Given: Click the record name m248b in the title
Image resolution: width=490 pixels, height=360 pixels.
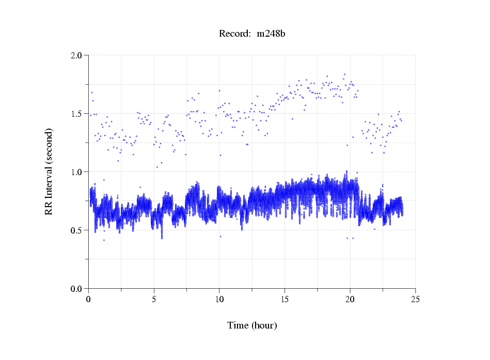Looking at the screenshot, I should point(272,34).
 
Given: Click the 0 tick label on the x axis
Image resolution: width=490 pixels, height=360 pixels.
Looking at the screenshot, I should point(89,299).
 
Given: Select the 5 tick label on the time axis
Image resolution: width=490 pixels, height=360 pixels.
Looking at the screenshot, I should point(154,299).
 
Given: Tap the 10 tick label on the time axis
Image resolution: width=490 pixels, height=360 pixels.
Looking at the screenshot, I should point(219,299).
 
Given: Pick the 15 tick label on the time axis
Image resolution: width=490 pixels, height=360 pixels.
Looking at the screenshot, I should point(284,299).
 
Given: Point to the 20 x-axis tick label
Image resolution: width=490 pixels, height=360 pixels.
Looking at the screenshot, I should point(350,299).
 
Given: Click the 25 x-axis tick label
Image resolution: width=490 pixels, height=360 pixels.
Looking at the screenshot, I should point(415,299).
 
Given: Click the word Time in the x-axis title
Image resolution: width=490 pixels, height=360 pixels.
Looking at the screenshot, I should point(238,325).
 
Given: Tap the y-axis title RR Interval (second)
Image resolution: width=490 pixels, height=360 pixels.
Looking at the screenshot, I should point(49,171).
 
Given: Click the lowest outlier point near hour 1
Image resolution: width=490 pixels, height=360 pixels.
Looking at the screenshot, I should point(104,240).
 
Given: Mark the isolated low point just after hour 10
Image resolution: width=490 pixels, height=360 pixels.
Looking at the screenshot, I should point(220,237).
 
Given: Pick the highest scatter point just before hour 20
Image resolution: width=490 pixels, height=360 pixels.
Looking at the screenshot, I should point(344,75).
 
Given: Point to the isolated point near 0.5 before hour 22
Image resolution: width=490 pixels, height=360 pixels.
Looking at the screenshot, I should point(374,229).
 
